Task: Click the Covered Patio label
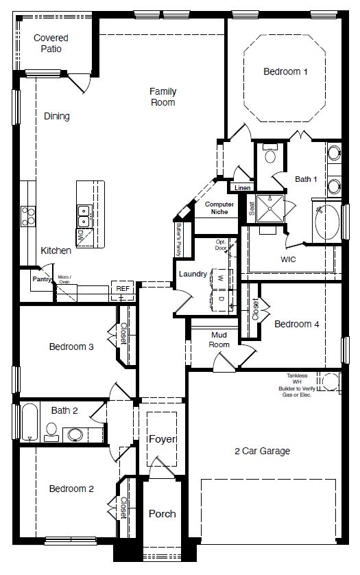point(51,43)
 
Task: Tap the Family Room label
point(163,97)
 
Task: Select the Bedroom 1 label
point(285,71)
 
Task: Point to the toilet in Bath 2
point(51,430)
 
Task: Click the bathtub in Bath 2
point(29,422)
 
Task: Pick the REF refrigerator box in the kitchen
point(122,290)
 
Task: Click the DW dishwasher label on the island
point(81,235)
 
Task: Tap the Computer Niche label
point(219,208)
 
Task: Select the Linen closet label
point(242,187)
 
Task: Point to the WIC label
point(289,260)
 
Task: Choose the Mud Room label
point(219,340)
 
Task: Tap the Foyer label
point(162,439)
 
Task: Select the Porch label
point(162,513)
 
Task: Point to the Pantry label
point(43,279)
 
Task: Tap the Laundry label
point(193,274)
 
